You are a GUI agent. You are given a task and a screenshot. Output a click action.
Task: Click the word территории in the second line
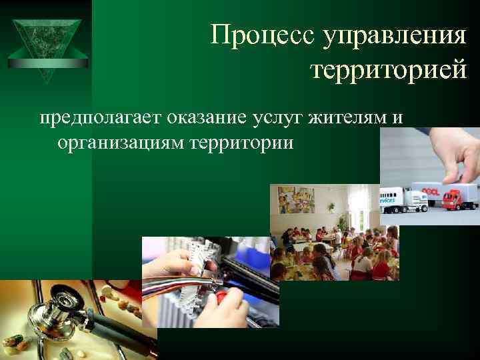(250, 142)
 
